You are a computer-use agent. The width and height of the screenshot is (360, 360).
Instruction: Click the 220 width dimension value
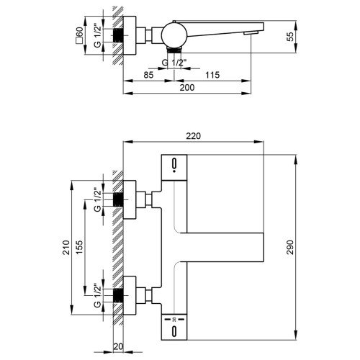(x=194, y=136)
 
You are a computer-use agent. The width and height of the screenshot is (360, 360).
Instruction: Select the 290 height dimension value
(x=290, y=247)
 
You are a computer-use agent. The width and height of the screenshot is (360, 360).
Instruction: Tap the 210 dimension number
(x=66, y=248)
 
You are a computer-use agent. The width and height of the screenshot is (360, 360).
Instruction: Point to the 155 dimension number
(x=79, y=247)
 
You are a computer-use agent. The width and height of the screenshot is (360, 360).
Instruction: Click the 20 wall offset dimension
(x=118, y=346)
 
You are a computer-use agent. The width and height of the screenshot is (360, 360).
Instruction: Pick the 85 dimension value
(x=148, y=75)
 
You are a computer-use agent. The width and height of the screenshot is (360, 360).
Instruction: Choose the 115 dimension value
(x=212, y=75)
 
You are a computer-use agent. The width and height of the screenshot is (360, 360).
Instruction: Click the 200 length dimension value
(x=187, y=88)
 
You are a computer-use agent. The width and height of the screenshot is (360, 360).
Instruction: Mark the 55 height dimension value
(x=290, y=37)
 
